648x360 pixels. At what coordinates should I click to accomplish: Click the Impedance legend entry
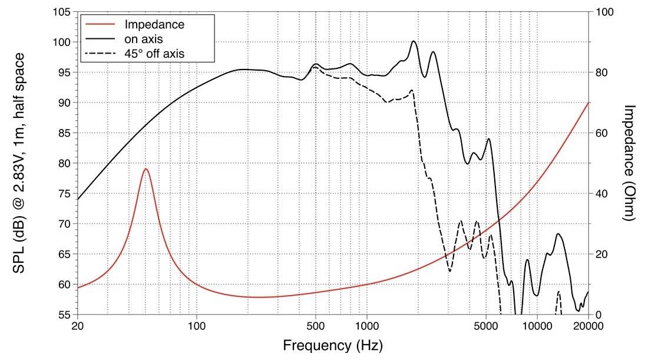click(154, 25)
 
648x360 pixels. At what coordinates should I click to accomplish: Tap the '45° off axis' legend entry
click(154, 54)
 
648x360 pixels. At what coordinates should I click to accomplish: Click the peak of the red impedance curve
click(146, 169)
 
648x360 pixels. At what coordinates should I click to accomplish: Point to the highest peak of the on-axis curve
click(414, 41)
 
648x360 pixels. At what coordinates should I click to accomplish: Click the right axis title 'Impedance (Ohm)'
click(630, 163)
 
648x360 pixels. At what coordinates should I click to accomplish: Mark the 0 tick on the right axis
click(598, 315)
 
